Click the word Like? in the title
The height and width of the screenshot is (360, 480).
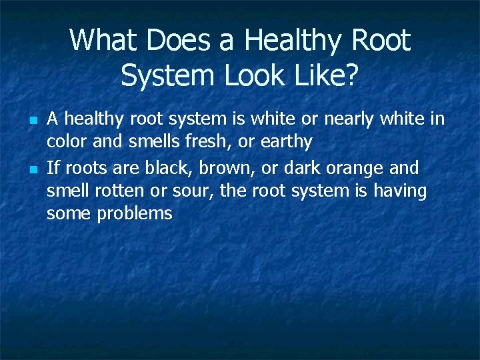pyautogui.click(x=325, y=76)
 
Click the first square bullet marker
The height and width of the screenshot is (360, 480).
pyautogui.click(x=32, y=121)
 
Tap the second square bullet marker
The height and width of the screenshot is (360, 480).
pyautogui.click(x=32, y=169)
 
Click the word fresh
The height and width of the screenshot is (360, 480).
pyautogui.click(x=213, y=141)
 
